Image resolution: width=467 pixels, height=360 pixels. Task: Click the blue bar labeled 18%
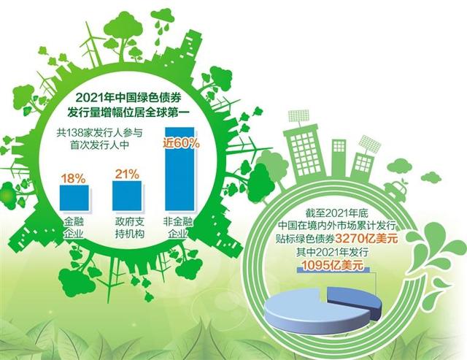(x=74, y=198)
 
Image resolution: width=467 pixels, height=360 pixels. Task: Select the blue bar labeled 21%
(x=127, y=196)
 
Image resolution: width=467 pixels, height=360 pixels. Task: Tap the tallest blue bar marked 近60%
(x=180, y=169)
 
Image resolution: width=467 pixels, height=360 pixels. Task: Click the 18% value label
(x=73, y=178)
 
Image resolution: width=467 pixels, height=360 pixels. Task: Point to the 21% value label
(x=127, y=175)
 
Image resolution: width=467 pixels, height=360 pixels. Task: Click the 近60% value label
(x=181, y=143)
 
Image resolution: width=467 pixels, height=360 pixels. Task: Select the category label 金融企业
(x=74, y=228)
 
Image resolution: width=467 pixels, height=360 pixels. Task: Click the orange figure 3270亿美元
(x=366, y=239)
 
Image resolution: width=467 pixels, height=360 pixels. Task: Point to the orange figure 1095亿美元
(x=333, y=265)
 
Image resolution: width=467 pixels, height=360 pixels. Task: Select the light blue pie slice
(x=317, y=313)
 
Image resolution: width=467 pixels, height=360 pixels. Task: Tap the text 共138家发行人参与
(x=100, y=132)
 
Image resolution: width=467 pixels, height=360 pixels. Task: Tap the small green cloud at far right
(x=431, y=178)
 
